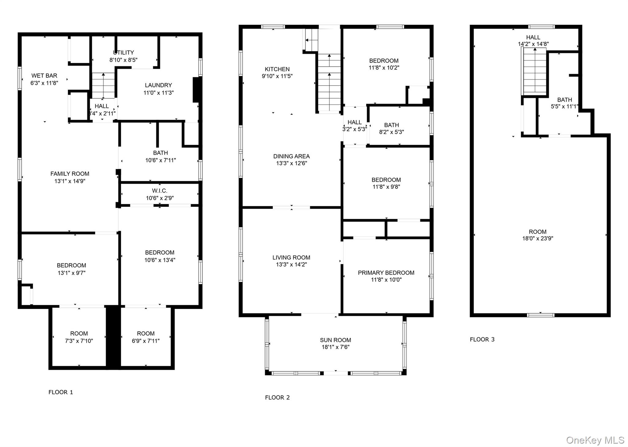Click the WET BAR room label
(44, 76)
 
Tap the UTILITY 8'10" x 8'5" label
(123, 56)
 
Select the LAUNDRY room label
(158, 85)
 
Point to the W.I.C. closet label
(159, 191)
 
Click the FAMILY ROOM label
(70, 174)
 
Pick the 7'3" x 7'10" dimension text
(79, 341)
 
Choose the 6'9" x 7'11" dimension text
(146, 341)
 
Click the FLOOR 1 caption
(61, 392)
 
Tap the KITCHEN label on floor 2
(277, 69)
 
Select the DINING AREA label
(291, 156)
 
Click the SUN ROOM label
(335, 340)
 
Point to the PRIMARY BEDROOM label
(386, 273)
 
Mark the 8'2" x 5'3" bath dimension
(391, 132)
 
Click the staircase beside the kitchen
(329, 83)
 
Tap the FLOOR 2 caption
(277, 398)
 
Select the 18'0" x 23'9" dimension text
(538, 239)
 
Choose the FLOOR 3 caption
(482, 339)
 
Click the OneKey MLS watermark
(595, 440)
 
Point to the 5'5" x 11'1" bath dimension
(564, 107)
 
